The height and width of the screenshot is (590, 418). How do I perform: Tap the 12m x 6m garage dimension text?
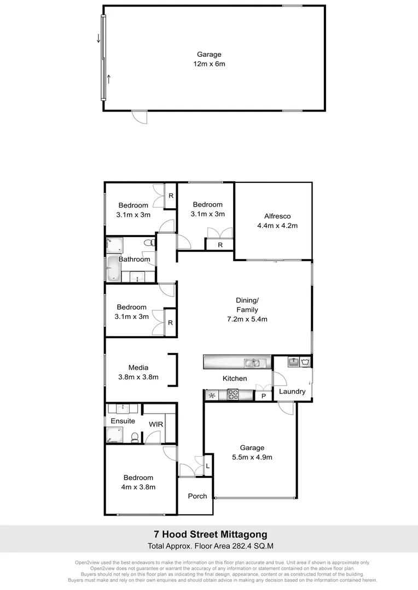pos(210,64)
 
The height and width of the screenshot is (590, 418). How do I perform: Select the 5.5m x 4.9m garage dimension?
pos(252,457)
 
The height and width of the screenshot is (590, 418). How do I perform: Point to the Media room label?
pos(138,368)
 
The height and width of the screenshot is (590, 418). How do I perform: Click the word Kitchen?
pos(234,379)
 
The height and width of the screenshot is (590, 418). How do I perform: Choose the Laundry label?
pos(292,392)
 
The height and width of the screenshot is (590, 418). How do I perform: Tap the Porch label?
pos(198,496)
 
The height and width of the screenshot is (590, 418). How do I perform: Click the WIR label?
pos(156,424)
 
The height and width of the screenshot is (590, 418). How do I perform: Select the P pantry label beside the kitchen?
pos(263,396)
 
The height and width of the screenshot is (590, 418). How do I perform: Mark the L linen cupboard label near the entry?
pos(207,466)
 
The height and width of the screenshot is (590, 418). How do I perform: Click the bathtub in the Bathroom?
pos(113,269)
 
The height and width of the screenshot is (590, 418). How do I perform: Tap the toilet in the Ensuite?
pos(134,436)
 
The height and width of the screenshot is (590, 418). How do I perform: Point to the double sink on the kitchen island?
pos(253,362)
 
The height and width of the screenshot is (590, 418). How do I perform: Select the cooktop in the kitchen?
pos(232,394)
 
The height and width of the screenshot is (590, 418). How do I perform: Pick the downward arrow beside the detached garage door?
pos(98,38)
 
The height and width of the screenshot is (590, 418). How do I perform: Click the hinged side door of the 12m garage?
pos(140,116)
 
